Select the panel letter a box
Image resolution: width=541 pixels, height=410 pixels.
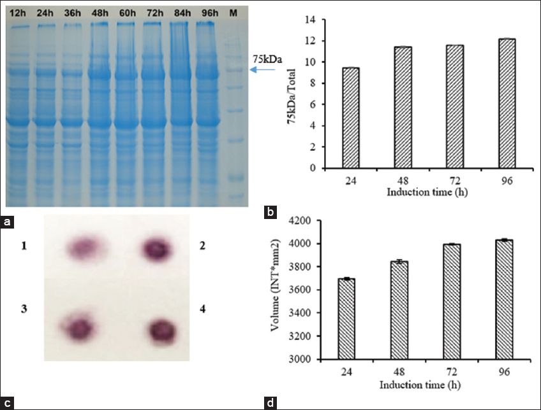[8, 222]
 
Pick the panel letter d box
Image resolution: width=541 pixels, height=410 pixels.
[270, 402]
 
